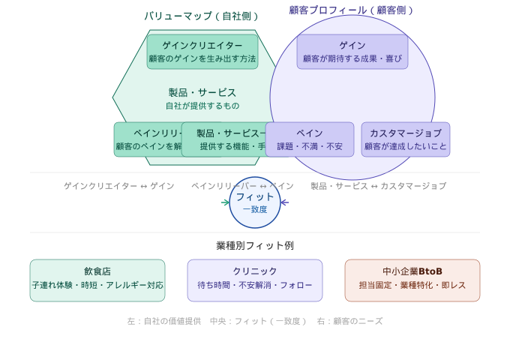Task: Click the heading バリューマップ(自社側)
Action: point(202,16)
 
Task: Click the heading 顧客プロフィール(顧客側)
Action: point(352,10)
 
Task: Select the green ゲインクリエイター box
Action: point(202,52)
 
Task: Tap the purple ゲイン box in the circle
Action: point(352,52)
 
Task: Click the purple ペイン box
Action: point(310,139)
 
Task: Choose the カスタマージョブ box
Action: point(406,139)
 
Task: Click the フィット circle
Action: point(255,202)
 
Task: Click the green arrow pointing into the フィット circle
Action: point(226,202)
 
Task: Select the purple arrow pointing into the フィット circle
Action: point(284,202)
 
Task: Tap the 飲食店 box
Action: point(97,280)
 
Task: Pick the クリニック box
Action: point(255,280)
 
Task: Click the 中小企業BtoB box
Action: point(412,280)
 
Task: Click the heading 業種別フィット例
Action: point(255,246)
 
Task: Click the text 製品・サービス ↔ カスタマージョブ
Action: point(378,186)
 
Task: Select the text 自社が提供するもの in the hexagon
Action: point(202,106)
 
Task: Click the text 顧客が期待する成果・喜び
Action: point(352,58)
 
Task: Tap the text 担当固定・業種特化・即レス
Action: point(412,286)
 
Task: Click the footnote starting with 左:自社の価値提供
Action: point(255,321)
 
